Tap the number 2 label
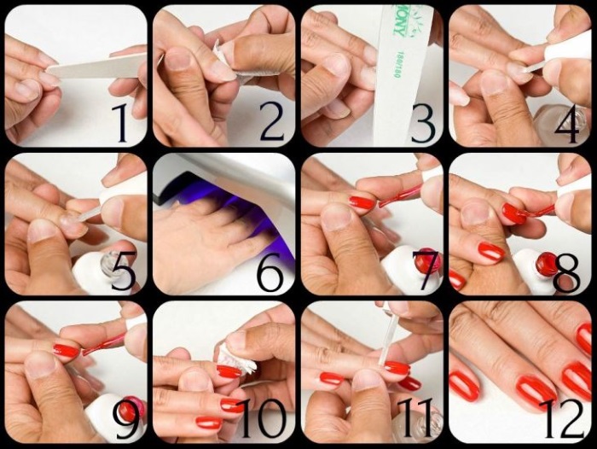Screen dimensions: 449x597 point(271,122)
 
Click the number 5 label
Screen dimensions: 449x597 point(123,272)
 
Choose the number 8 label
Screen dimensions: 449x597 point(567,272)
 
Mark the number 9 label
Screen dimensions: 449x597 point(125,419)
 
